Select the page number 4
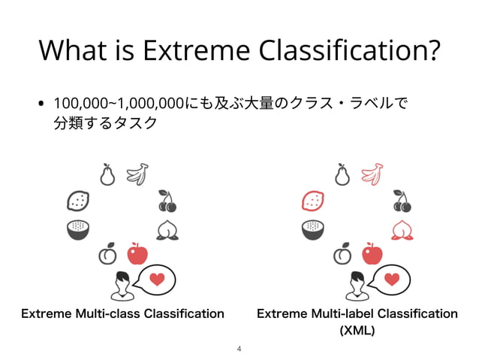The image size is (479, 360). [239, 349]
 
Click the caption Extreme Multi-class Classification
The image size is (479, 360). [122, 313]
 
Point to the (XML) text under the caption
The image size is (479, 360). [357, 330]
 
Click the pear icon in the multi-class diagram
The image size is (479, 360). [107, 174]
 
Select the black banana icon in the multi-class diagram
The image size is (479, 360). [137, 174]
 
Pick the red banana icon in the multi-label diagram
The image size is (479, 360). [372, 174]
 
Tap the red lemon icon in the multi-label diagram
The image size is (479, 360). [312, 201]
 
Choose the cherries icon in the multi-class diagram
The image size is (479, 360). [167, 201]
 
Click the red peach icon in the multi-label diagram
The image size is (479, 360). [402, 229]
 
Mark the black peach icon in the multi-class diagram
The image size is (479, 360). [167, 229]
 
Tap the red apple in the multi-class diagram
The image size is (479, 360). [137, 254]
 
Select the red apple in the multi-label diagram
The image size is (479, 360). [372, 254]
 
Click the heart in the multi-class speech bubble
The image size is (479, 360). [157, 279]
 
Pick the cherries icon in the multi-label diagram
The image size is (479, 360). [402, 201]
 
